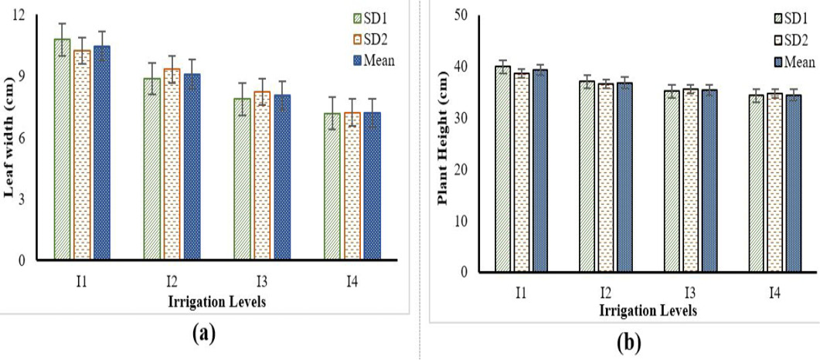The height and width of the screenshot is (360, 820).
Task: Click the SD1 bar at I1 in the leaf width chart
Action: [x=63, y=149]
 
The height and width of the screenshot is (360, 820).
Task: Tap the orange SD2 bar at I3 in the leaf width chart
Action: [x=263, y=175]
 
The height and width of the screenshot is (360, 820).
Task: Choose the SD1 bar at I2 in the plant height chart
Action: [x=587, y=177]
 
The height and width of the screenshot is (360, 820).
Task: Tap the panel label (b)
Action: [x=628, y=343]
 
